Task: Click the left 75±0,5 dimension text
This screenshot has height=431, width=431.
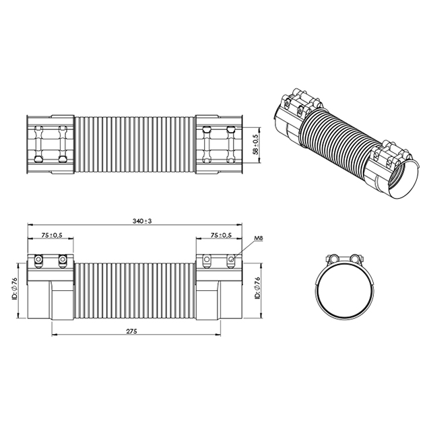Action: pyautogui.click(x=52, y=235)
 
